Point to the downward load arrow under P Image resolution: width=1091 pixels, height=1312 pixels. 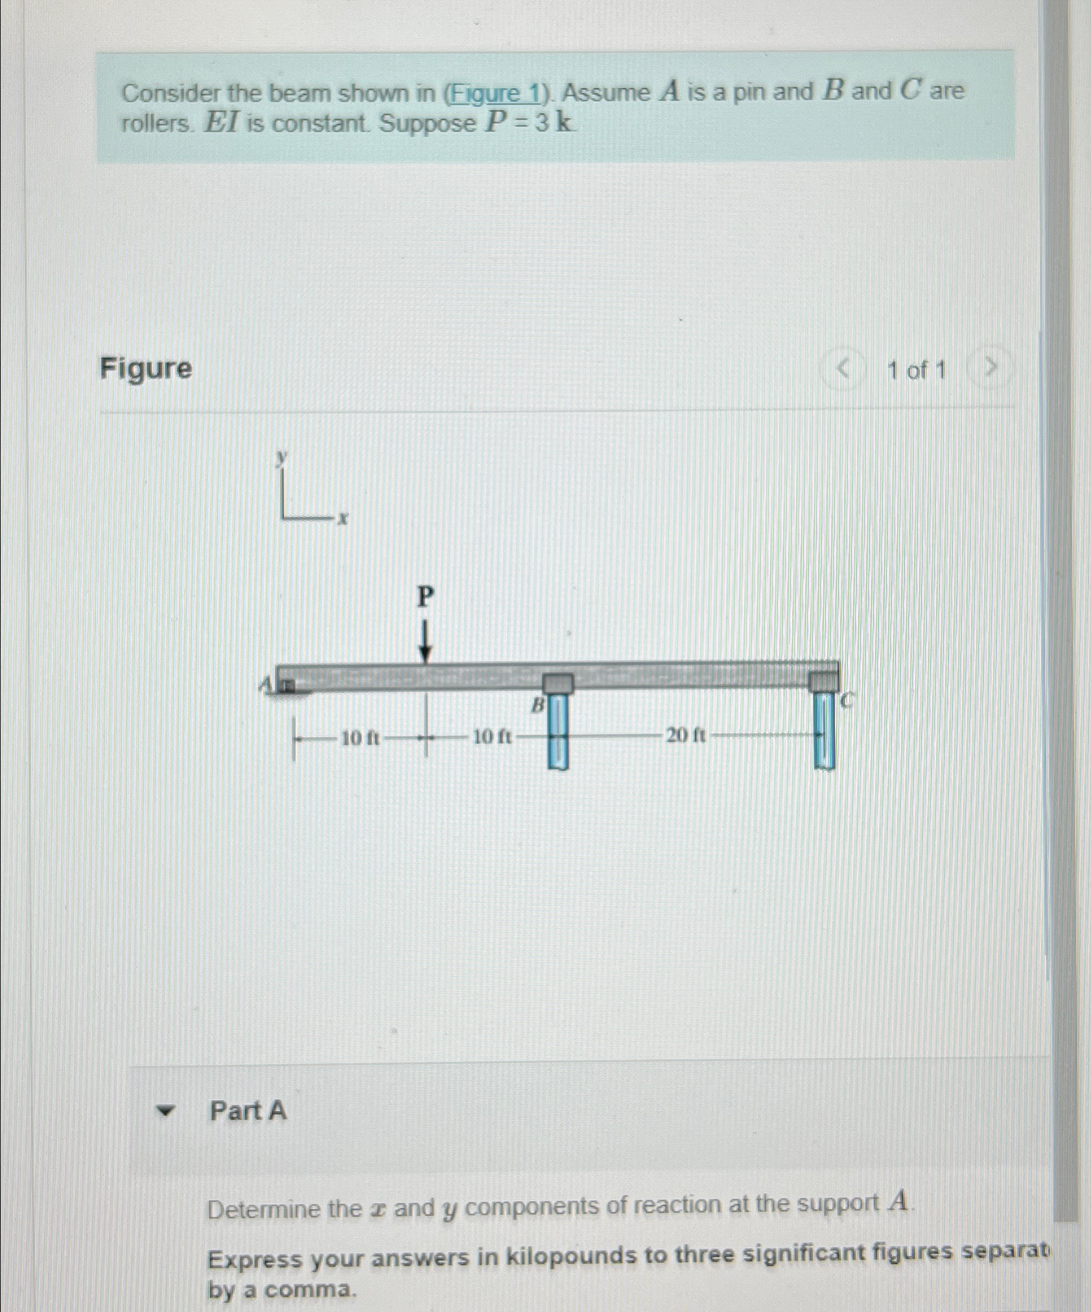[x=425, y=642]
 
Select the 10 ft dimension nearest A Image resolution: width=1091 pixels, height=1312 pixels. [x=360, y=738]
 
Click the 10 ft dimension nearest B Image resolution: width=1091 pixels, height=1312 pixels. [x=491, y=737]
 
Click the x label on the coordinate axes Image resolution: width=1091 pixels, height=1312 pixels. [x=344, y=519]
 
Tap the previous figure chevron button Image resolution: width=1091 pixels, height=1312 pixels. [x=843, y=370]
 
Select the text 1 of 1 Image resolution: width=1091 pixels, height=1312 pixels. [x=917, y=371]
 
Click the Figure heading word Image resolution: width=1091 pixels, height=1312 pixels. [x=146, y=368]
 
